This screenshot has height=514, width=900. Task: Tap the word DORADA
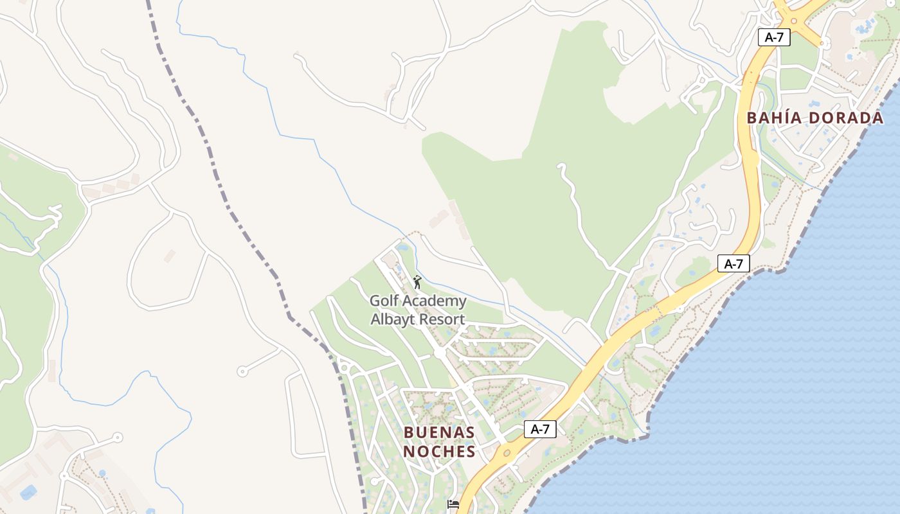pyautogui.click(x=847, y=118)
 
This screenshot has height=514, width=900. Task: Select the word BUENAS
pyautogui.click(x=439, y=432)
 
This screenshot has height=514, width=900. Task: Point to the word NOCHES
pyautogui.click(x=439, y=452)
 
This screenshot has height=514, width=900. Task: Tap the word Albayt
pyautogui.click(x=393, y=319)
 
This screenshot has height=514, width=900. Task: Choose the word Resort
pyautogui.click(x=442, y=319)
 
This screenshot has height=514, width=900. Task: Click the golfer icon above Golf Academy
pyautogui.click(x=417, y=282)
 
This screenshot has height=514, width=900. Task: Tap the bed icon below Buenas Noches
pyautogui.click(x=453, y=504)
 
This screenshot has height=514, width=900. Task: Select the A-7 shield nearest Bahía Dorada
pyautogui.click(x=774, y=37)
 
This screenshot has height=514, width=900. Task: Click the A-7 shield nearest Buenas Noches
pyautogui.click(x=540, y=429)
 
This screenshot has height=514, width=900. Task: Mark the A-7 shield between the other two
pyautogui.click(x=733, y=263)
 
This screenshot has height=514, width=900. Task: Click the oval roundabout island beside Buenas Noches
pyautogui.click(x=507, y=453)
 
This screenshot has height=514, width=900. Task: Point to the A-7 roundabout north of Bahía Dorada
pyautogui.click(x=794, y=21)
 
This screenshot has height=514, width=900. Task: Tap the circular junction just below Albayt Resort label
pyautogui.click(x=440, y=353)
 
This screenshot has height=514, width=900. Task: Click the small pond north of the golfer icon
pyautogui.click(x=402, y=247)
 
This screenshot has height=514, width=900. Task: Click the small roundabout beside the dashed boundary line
pyautogui.click(x=343, y=368)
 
